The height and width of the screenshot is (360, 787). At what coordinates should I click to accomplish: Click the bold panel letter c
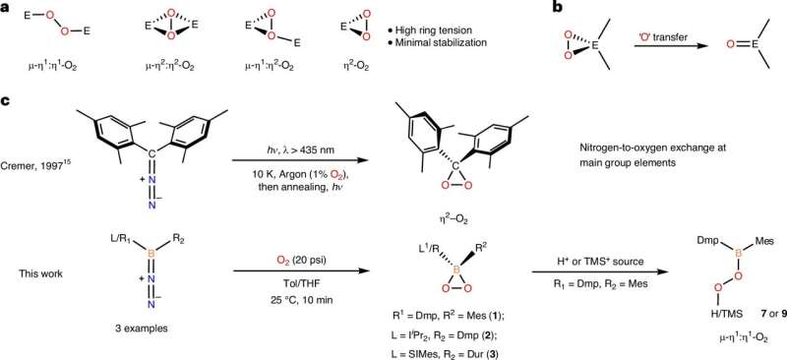point(6,101)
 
